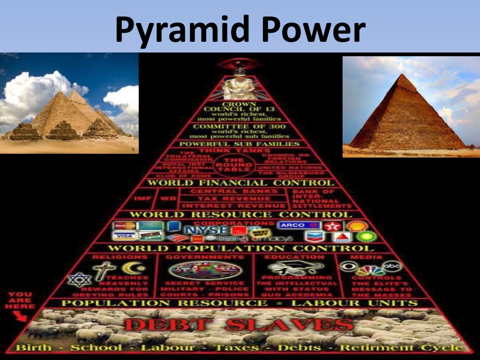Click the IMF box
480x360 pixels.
143,199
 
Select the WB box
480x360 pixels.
165,199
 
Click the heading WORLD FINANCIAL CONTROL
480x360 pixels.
240,183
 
